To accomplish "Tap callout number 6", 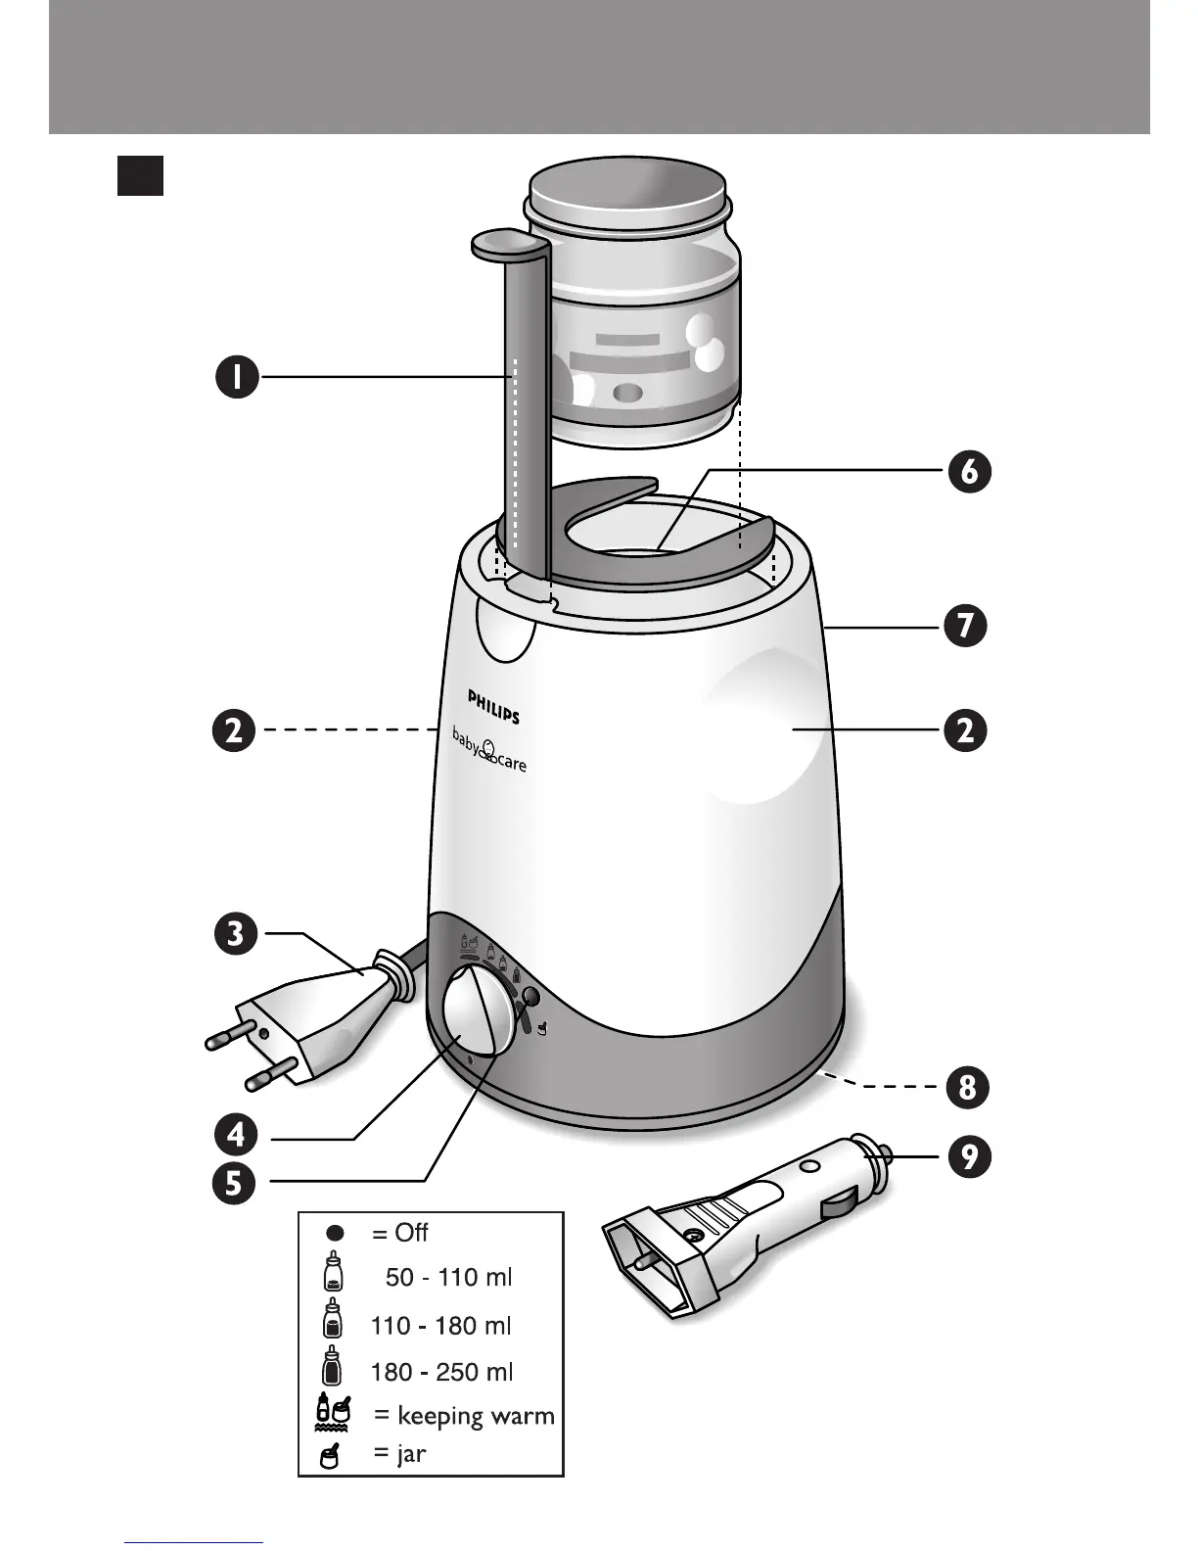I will click(968, 472).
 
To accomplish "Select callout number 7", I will click(966, 626).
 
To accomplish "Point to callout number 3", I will click(236, 933).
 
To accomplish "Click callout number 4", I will click(236, 1136).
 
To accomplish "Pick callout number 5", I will click(236, 1185).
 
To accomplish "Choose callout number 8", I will click(967, 1088).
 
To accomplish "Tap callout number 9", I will click(968, 1157).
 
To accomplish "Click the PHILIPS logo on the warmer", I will click(493, 705).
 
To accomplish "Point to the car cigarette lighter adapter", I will click(744, 1224).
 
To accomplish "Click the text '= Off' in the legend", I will click(399, 1233).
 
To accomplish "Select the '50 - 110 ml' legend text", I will click(448, 1277).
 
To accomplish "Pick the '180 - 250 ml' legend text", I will click(441, 1372).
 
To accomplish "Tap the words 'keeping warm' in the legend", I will click(475, 1416).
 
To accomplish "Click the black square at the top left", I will click(140, 176).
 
